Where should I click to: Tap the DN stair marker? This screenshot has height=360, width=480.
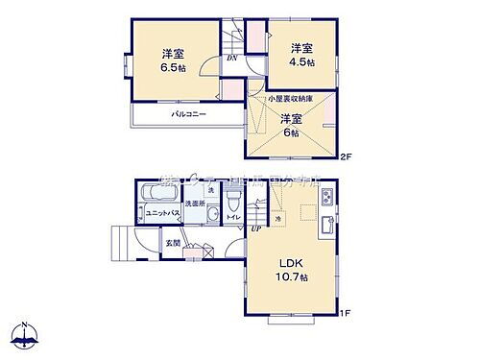232,59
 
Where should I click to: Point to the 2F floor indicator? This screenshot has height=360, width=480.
348,157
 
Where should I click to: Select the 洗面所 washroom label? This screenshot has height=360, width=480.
197,204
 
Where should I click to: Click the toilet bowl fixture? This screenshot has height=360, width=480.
233,200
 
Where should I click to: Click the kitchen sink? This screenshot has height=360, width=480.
327,228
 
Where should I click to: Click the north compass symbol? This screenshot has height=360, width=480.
25,335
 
